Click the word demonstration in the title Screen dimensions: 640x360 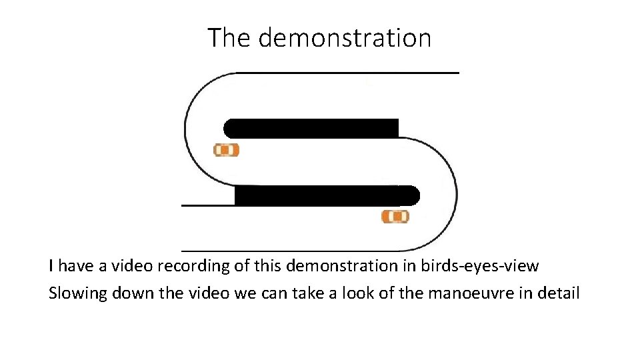point(345,38)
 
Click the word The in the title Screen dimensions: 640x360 point(229,38)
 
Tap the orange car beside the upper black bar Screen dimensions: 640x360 point(226,150)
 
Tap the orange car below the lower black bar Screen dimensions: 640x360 point(395,216)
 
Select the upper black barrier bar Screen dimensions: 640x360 point(311,128)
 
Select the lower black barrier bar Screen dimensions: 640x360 point(327,195)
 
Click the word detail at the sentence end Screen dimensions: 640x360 point(559,293)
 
